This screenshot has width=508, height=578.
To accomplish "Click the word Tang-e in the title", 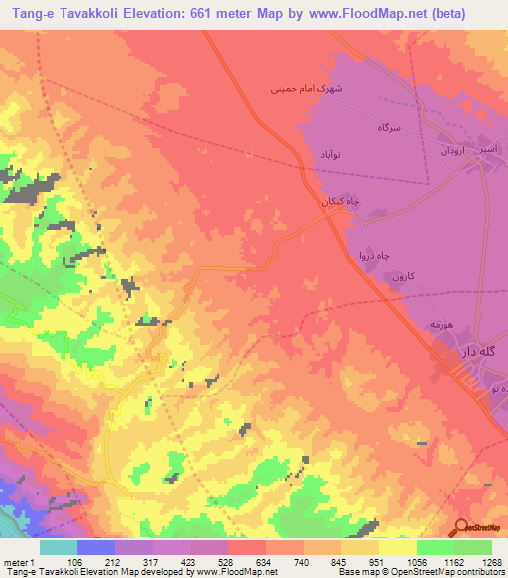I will click(x=28, y=11).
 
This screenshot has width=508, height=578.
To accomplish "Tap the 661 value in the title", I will click(x=216, y=11).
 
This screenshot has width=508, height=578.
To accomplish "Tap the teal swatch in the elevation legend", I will click(x=59, y=547).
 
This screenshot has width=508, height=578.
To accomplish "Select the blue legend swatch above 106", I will click(x=96, y=547).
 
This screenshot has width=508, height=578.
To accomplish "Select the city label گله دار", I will click(x=476, y=353).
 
